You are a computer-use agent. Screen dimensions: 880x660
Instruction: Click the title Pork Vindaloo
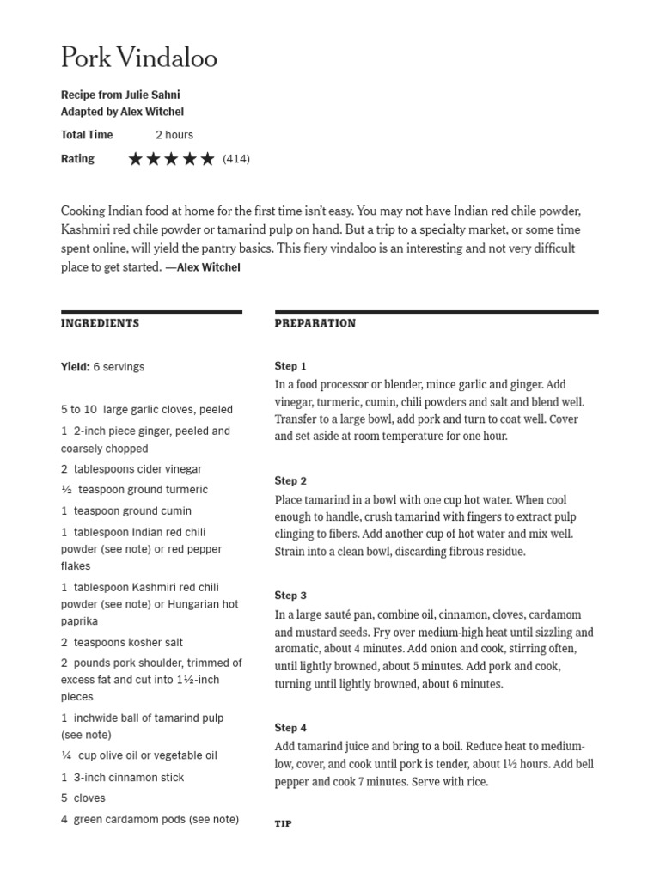tap(138, 58)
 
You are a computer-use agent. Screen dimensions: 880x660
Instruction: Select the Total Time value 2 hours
tap(174, 135)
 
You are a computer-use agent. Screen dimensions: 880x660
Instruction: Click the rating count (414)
tap(236, 159)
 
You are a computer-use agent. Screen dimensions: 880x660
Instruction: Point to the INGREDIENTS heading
tap(100, 324)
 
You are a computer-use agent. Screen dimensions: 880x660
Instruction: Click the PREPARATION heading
tap(315, 324)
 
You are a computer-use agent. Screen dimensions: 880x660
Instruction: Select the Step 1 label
tap(290, 366)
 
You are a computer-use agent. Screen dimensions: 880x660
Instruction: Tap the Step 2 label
tap(290, 481)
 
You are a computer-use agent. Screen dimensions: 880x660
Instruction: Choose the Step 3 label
tap(290, 596)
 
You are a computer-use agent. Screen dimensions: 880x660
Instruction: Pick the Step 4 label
tap(290, 728)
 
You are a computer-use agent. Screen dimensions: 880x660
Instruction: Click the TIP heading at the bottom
tap(283, 823)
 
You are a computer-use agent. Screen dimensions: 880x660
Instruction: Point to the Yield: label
tap(76, 367)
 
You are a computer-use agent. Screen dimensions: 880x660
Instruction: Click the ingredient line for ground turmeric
tap(134, 490)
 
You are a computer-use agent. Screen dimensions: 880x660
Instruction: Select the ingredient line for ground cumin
tap(126, 511)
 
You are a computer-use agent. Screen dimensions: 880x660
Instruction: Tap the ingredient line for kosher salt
tap(122, 643)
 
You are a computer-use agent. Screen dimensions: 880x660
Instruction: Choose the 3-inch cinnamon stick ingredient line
tap(123, 778)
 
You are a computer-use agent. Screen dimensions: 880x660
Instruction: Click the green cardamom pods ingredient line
tap(150, 820)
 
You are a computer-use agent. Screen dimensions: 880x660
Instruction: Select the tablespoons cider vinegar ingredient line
tap(131, 469)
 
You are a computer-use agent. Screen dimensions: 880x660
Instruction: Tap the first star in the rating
tap(136, 159)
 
